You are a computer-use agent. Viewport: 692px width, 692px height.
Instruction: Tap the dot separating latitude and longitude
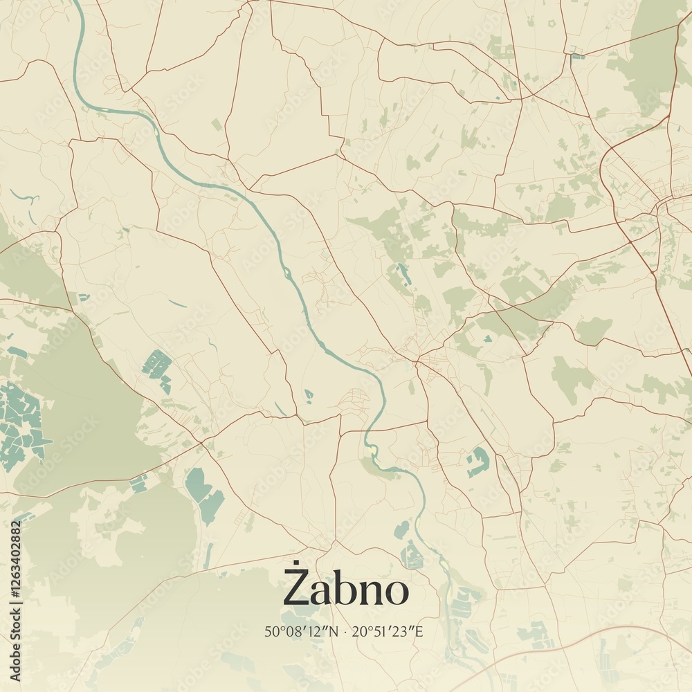coord(346,631)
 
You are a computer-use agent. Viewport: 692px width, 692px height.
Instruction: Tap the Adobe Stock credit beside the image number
coord(15,647)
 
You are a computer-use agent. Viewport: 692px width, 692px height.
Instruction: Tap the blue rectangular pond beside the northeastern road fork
coord(576,55)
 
